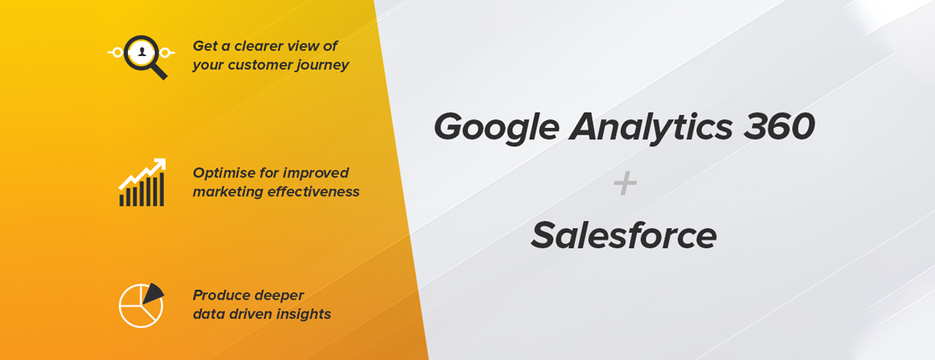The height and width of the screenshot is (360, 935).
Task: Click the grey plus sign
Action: [625, 185]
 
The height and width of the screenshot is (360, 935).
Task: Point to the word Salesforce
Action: [623, 235]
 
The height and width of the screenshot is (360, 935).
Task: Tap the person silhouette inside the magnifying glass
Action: [141, 53]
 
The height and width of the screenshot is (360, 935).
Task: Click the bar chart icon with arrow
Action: [142, 182]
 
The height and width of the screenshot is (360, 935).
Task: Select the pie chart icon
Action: [141, 305]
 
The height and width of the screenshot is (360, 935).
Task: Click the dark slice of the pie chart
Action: [153, 292]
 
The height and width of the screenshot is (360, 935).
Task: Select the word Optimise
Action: [221, 174]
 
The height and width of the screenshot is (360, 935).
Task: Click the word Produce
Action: [219, 296]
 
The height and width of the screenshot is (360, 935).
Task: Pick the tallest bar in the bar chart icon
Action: [161, 190]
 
